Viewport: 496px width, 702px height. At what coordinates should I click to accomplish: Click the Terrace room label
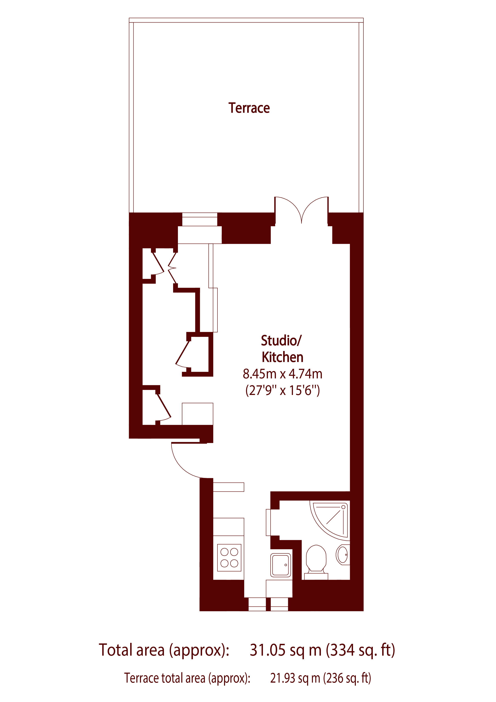249,108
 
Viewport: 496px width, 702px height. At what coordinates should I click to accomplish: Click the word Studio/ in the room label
281,341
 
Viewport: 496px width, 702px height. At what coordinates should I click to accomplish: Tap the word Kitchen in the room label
283,357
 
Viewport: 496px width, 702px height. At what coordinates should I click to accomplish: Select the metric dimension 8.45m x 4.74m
283,374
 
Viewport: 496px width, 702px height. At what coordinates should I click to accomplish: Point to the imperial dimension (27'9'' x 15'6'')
283,390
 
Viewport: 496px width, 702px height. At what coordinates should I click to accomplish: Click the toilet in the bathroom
316,559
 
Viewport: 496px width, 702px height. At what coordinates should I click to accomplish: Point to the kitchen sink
280,565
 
